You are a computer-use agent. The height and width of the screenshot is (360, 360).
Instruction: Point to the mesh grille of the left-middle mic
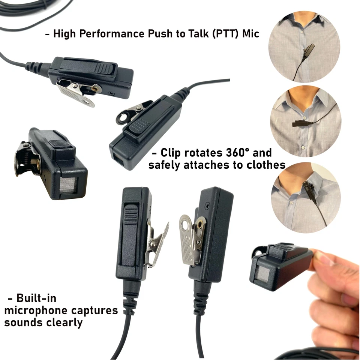point(68,185)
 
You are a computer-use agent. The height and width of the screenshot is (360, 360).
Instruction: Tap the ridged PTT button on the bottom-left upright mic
point(131,215)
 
